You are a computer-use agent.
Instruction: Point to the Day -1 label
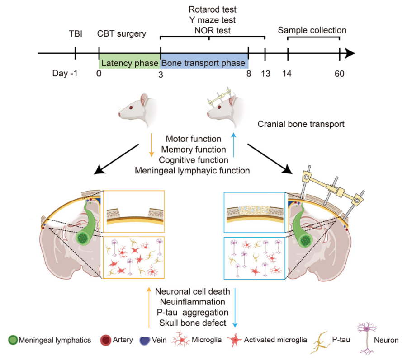65,73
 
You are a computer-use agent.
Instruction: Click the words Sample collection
312,31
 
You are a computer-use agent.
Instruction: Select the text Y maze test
213,20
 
